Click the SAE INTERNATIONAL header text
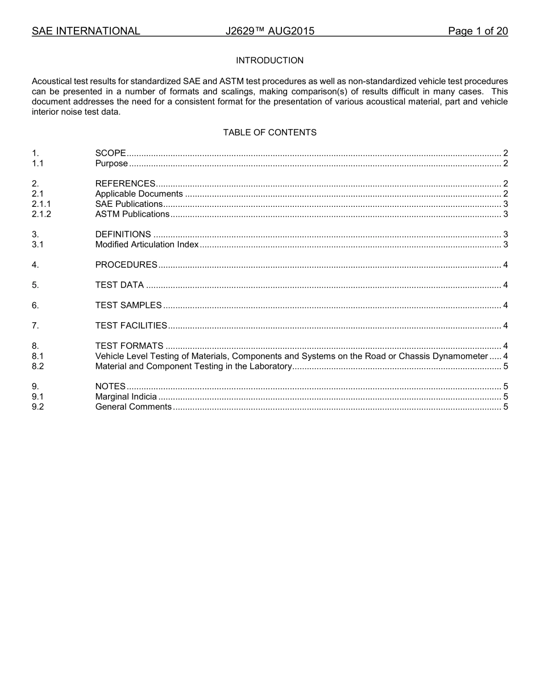point(86,31)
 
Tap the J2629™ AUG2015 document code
point(269,31)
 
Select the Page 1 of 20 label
point(477,31)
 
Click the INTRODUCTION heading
point(269,60)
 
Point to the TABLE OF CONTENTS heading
point(269,132)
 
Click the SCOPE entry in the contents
point(110,153)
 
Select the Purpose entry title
point(111,164)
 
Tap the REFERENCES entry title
point(125,184)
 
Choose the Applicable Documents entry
point(139,194)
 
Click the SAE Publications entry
point(129,204)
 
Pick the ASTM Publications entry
point(132,214)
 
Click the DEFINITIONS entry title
point(123,234)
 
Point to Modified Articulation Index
point(147,244)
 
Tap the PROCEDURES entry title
point(126,265)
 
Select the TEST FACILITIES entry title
point(131,326)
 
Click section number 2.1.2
point(41,214)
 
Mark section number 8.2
point(38,367)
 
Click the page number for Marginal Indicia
point(505,397)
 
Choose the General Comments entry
point(133,407)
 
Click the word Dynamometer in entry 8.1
point(460,356)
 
